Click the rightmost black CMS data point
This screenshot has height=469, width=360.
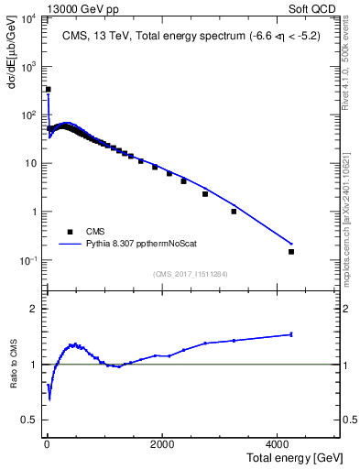[291, 251]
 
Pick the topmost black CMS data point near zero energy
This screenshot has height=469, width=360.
[49, 90]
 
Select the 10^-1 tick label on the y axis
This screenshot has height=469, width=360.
[27, 261]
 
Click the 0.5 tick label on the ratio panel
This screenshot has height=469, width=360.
[28, 420]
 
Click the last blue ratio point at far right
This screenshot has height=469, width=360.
[291, 334]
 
